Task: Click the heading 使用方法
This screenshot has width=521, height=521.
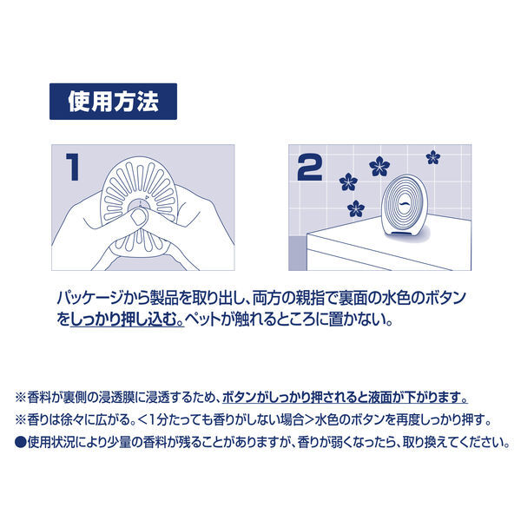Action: pyautogui.click(x=114, y=102)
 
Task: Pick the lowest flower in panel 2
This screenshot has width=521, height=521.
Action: pyautogui.click(x=355, y=208)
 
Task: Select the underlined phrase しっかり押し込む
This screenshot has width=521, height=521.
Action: pyautogui.click(x=119, y=320)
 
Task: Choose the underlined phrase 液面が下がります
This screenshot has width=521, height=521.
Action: pyautogui.click(x=424, y=399)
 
